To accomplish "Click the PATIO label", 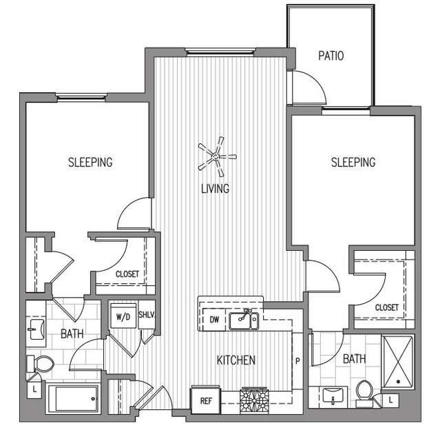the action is point(331,56).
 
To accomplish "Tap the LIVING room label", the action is point(216,188).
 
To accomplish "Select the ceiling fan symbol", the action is point(217,156).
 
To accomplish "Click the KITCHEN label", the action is point(236,360).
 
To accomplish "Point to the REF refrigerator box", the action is point(206,400).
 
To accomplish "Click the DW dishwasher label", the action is point(214,319).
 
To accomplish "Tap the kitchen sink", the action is point(244,320).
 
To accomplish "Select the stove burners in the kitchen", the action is point(254,401).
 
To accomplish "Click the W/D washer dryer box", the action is point(123,316).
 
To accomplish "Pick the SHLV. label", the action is point(147,314).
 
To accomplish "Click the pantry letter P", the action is point(297,361).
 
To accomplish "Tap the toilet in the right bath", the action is point(364,393).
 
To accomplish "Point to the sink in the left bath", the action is point(36,329).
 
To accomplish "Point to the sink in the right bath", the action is point(333,396).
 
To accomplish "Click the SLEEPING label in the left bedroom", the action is point(90,163).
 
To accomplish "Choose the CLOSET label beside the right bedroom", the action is point(387,307).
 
